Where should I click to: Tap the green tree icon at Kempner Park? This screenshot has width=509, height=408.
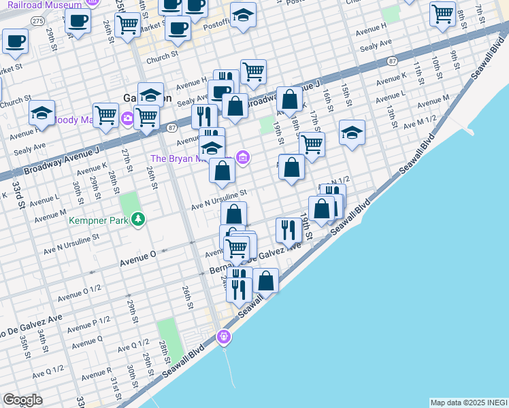click(x=139, y=219)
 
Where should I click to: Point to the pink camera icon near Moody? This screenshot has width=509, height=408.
click(x=127, y=120)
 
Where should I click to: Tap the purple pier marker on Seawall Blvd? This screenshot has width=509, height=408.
click(x=224, y=336)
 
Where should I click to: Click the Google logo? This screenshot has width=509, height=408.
click(x=23, y=400)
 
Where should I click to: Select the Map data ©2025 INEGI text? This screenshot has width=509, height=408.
click(x=468, y=403)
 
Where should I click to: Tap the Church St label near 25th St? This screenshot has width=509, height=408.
click(x=165, y=54)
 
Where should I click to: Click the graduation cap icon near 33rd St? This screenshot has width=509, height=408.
click(x=42, y=112)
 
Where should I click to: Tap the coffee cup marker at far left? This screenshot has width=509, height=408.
click(x=15, y=41)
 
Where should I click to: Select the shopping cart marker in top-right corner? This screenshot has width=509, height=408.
click(x=443, y=13)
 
